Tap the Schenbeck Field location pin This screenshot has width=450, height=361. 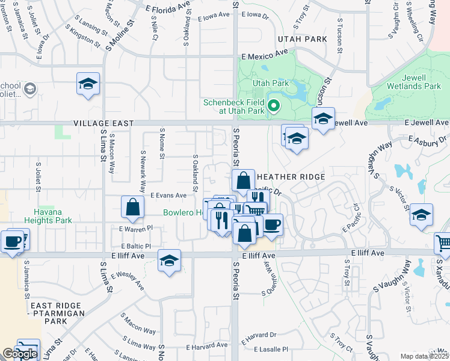pyautogui.click(x=274, y=106)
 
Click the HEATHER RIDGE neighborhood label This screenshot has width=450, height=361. pyautogui.click(x=291, y=177)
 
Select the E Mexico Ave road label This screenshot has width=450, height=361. pyautogui.click(x=265, y=53)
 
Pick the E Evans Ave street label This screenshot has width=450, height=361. pyautogui.click(x=168, y=196)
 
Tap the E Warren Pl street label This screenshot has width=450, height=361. pyautogui.click(x=136, y=229)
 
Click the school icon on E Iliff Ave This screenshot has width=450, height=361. pyautogui.click(x=170, y=261)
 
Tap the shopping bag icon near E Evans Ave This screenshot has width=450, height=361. pyautogui.click(x=132, y=207)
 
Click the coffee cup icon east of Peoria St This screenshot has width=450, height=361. pyautogui.click(x=272, y=224)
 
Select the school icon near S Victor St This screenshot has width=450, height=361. pyautogui.click(x=421, y=214)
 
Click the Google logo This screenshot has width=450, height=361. pyautogui.click(x=19, y=354)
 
